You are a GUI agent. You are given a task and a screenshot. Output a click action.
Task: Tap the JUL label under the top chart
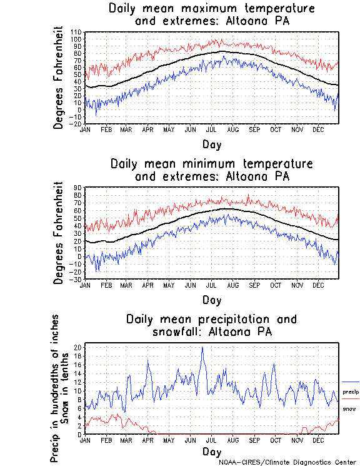pos(211,129)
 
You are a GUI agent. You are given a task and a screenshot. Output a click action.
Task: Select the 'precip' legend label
pos(351,392)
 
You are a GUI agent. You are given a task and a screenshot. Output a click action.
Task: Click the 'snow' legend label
pos(349,408)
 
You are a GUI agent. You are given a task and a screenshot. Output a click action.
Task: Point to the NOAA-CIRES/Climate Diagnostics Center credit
pos(288,462)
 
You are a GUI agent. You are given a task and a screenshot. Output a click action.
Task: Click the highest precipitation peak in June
pos(202,348)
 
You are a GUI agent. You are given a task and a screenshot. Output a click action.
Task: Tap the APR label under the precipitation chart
pos(147,440)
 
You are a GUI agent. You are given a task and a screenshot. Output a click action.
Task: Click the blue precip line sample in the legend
pos(351,382)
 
